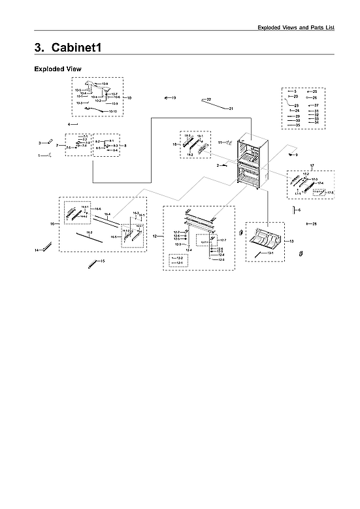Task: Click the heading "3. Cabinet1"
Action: pos(67,48)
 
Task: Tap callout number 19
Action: pos(174,97)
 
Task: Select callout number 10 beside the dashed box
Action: pos(129,97)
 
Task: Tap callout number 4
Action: pos(69,123)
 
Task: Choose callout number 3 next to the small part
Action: pos(40,142)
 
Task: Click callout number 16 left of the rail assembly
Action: pos(52,223)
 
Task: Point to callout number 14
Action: pos(37,250)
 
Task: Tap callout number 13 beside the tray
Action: pos(291,241)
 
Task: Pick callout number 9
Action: pos(295,155)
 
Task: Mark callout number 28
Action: pos(314,224)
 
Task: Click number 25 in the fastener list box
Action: pos(314,91)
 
